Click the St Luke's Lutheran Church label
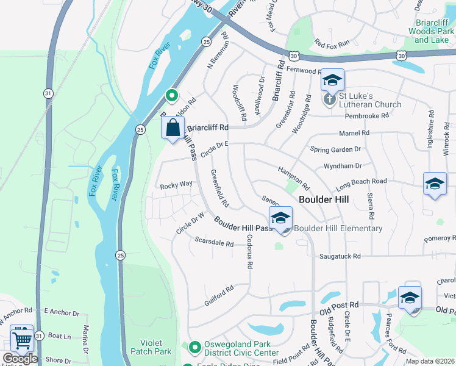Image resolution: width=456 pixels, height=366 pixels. [370, 100]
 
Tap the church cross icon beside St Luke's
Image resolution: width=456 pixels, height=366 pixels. [330, 99]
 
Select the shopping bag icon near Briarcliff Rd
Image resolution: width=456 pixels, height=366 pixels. [173, 127]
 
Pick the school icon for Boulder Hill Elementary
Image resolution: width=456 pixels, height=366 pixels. [280, 218]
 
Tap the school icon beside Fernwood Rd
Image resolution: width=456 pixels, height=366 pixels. [333, 80]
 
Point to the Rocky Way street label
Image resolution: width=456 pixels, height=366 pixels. [176, 184]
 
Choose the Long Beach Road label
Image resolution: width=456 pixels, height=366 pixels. [360, 181]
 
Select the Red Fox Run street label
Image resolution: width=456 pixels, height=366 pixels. [332, 43]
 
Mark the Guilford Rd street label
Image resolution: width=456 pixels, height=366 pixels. [219, 292]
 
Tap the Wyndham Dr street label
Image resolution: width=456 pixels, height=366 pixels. [343, 165]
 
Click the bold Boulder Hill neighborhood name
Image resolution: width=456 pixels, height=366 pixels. [323, 199]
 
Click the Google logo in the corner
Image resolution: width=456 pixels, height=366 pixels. [20, 359]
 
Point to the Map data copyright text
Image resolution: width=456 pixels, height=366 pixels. [430, 361]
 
